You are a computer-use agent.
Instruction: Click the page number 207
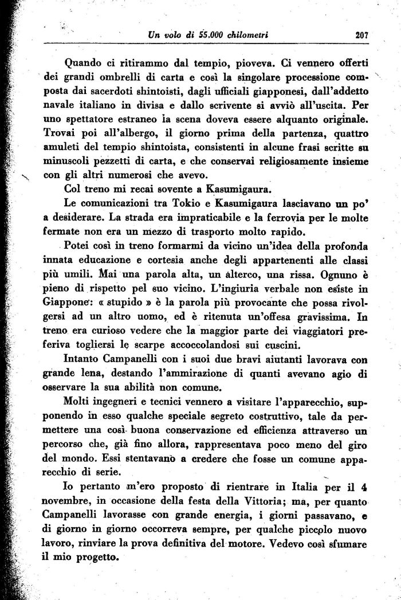tap(361, 35)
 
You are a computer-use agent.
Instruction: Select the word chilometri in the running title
tap(247, 35)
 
